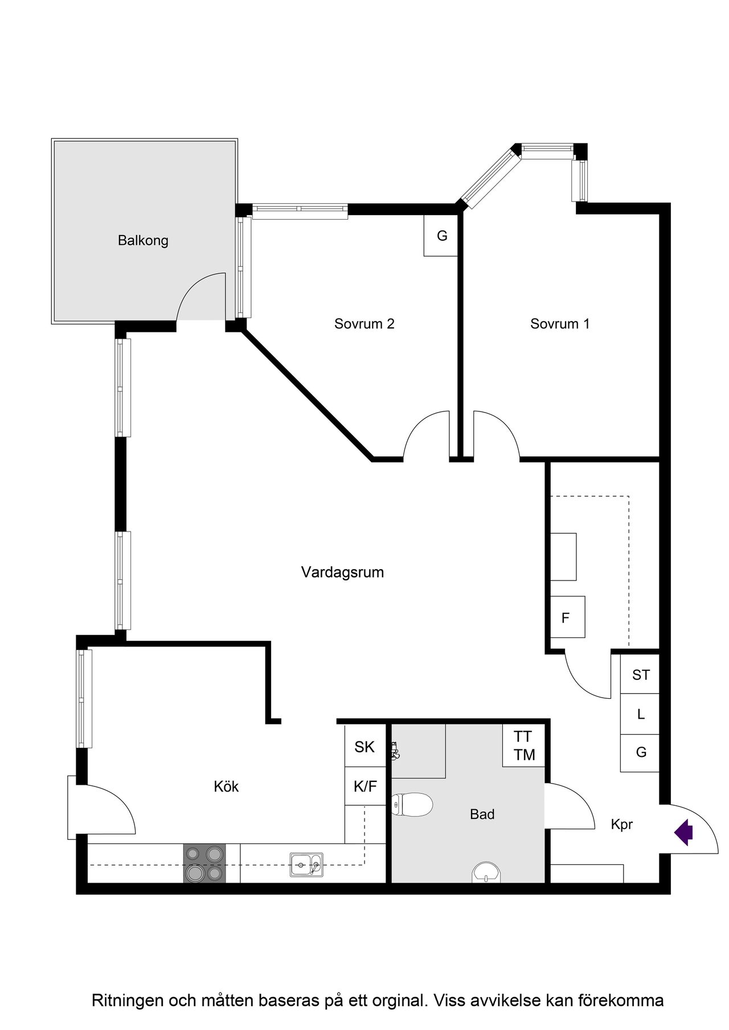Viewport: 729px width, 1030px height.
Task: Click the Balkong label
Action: click(x=143, y=241)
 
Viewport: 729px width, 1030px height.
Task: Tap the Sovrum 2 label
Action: click(x=364, y=324)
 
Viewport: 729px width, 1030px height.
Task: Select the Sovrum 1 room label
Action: click(x=560, y=324)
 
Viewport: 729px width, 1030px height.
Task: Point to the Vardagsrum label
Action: click(x=342, y=572)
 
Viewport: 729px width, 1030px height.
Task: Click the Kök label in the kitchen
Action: click(x=226, y=786)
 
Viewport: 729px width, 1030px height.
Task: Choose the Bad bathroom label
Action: click(x=482, y=814)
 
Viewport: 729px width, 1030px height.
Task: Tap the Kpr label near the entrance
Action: click(x=622, y=825)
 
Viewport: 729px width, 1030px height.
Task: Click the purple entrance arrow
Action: click(x=683, y=833)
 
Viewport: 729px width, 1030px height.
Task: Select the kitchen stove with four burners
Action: click(x=204, y=863)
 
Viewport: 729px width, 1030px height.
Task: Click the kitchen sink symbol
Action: click(x=306, y=864)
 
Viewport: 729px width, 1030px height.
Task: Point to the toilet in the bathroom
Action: click(x=412, y=805)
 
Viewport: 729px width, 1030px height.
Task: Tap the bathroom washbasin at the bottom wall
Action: click(x=486, y=872)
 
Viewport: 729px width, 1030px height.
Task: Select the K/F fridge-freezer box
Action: click(x=365, y=786)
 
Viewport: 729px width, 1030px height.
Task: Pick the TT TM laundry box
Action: click(x=524, y=745)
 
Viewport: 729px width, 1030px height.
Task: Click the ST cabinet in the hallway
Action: click(x=640, y=674)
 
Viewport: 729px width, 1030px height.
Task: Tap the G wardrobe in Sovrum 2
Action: click(x=441, y=235)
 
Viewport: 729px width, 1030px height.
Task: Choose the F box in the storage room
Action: click(x=567, y=617)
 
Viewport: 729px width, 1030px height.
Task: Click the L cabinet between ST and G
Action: click(x=640, y=714)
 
